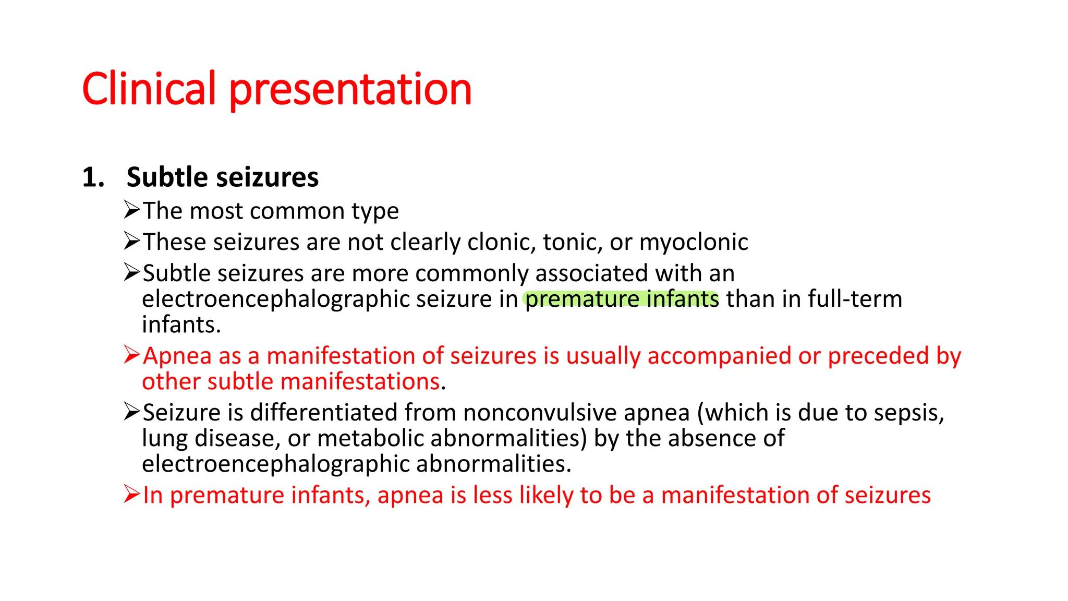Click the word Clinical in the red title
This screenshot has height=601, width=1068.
pos(149,89)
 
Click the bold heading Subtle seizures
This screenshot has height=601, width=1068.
pos(222,177)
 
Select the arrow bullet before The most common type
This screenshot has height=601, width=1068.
pos(132,210)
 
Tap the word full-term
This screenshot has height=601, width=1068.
pos(855,299)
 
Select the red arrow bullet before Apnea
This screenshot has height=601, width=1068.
pos(132,355)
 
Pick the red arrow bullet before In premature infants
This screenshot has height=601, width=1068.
pos(132,494)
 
